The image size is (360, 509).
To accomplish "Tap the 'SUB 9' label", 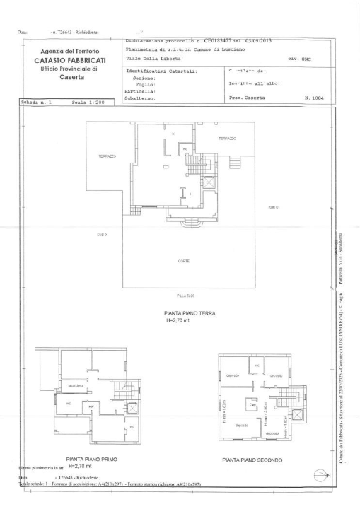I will point(101,235).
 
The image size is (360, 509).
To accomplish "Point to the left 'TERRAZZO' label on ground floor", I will point(98,156).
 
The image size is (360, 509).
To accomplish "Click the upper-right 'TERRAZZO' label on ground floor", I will point(227,138).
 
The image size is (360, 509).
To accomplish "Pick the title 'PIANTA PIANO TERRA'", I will point(178,312).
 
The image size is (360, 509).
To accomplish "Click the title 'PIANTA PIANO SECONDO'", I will point(252,460).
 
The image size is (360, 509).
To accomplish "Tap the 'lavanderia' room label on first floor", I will point(76,385).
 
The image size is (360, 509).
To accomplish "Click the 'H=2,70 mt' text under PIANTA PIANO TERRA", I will point(170,320).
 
